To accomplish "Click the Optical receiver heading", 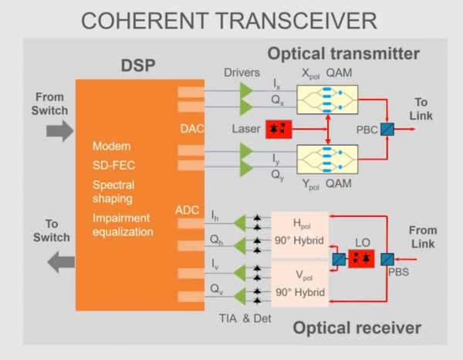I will (x=357, y=328).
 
